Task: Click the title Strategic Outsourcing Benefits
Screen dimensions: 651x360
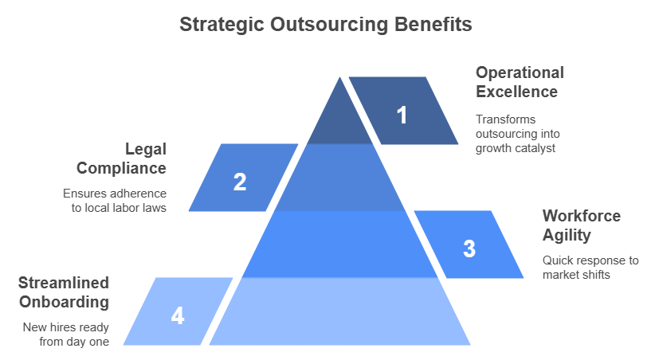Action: click(x=325, y=25)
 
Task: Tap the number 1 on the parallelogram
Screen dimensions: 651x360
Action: click(x=402, y=115)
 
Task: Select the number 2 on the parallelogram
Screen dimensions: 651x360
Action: click(x=240, y=182)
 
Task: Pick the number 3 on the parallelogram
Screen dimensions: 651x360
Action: click(x=469, y=248)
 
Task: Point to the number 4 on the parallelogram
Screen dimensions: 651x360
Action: click(x=177, y=315)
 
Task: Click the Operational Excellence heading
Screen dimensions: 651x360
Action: click(x=520, y=82)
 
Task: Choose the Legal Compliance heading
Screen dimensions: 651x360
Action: click(x=121, y=158)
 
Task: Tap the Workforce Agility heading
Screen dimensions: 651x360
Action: click(x=581, y=225)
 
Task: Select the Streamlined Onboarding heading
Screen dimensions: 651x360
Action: click(x=64, y=292)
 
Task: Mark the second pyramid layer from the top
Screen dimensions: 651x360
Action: click(x=339, y=178)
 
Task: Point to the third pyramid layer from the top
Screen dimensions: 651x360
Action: click(x=339, y=245)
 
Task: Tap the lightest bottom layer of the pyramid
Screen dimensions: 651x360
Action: click(x=339, y=311)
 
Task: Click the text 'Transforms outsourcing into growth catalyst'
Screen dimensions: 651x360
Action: click(x=517, y=134)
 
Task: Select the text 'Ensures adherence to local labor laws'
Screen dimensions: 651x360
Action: click(x=115, y=201)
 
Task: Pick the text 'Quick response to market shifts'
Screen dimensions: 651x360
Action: click(x=590, y=268)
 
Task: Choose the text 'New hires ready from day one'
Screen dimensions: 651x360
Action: click(x=66, y=335)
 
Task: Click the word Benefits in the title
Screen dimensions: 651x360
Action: click(x=433, y=24)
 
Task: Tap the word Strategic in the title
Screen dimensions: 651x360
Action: click(x=222, y=25)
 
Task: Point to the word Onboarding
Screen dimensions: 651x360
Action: click(x=65, y=302)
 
